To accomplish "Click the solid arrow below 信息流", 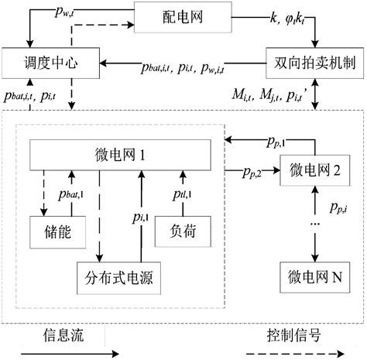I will [62, 353].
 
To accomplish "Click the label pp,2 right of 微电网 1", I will [249, 171].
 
